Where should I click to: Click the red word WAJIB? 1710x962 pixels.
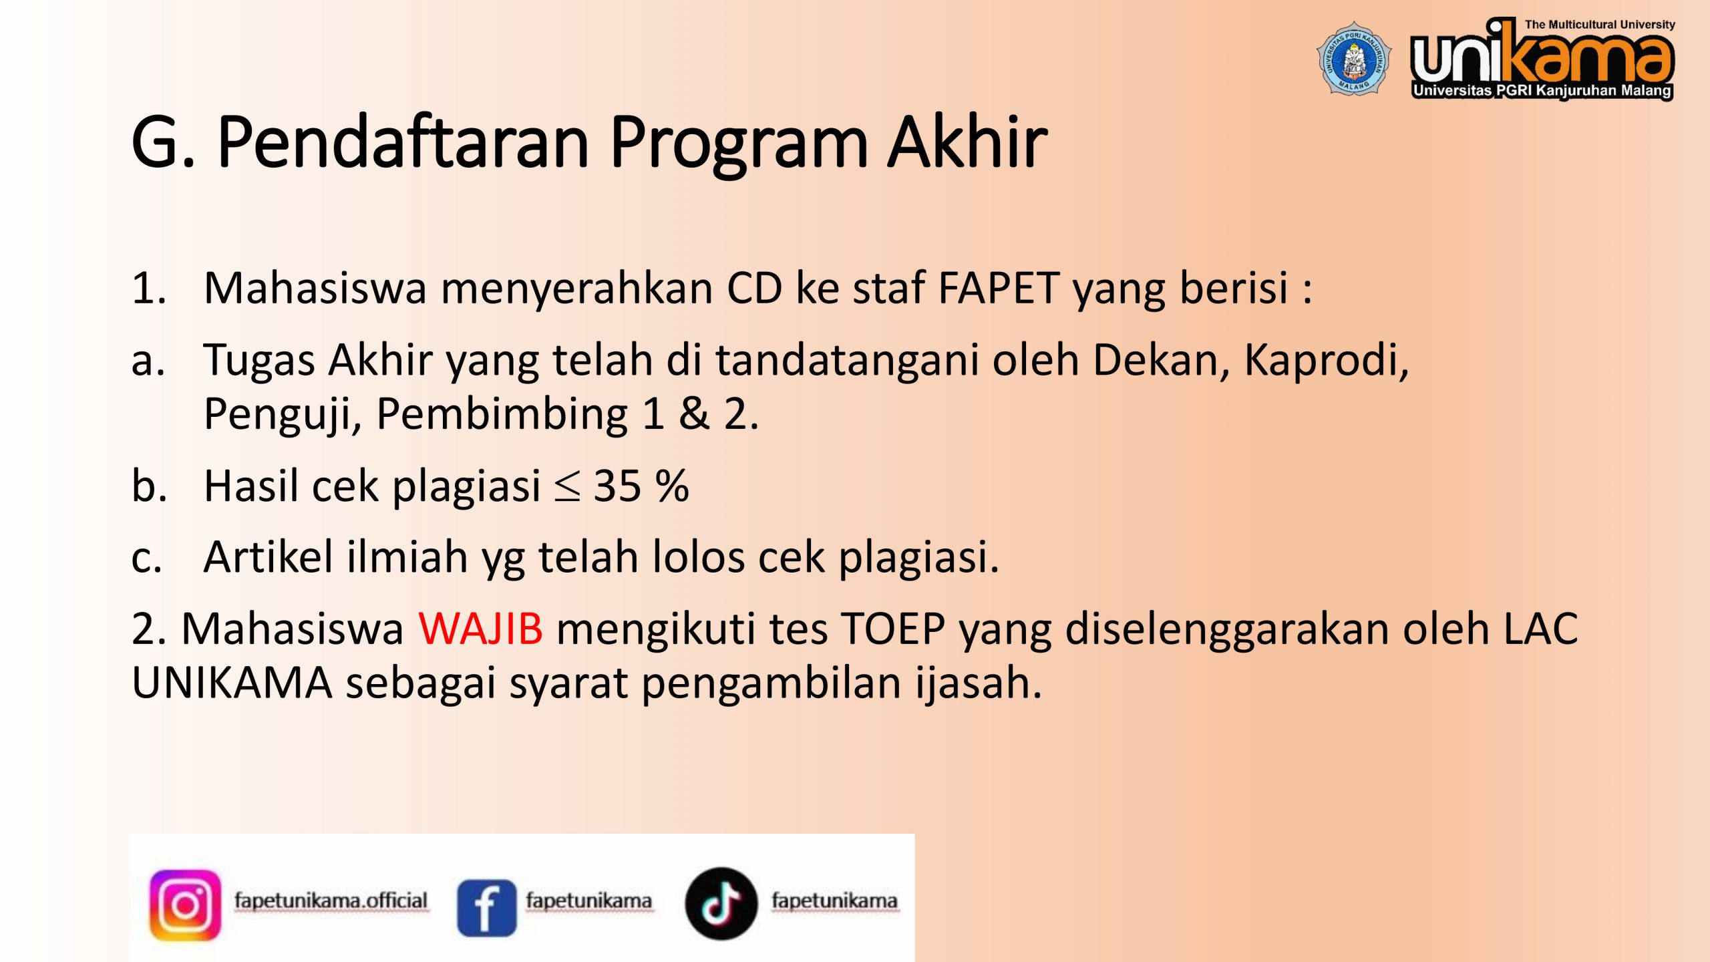(x=481, y=629)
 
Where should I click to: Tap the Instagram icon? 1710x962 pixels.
(x=185, y=905)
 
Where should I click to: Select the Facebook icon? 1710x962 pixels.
(x=486, y=907)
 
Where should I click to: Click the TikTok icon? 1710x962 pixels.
(x=721, y=904)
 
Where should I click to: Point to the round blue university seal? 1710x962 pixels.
(x=1354, y=58)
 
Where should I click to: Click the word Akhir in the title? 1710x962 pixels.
(x=967, y=142)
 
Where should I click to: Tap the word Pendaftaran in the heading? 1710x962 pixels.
(x=403, y=142)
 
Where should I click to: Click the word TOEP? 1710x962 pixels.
(x=893, y=629)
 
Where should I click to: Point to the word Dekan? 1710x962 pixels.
(x=1161, y=360)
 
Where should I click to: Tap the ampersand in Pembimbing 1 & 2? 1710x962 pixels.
(x=694, y=414)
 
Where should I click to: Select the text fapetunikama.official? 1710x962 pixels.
(x=331, y=901)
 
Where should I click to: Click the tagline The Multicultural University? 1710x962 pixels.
(x=1600, y=25)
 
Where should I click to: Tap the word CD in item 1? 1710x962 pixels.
(x=754, y=288)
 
